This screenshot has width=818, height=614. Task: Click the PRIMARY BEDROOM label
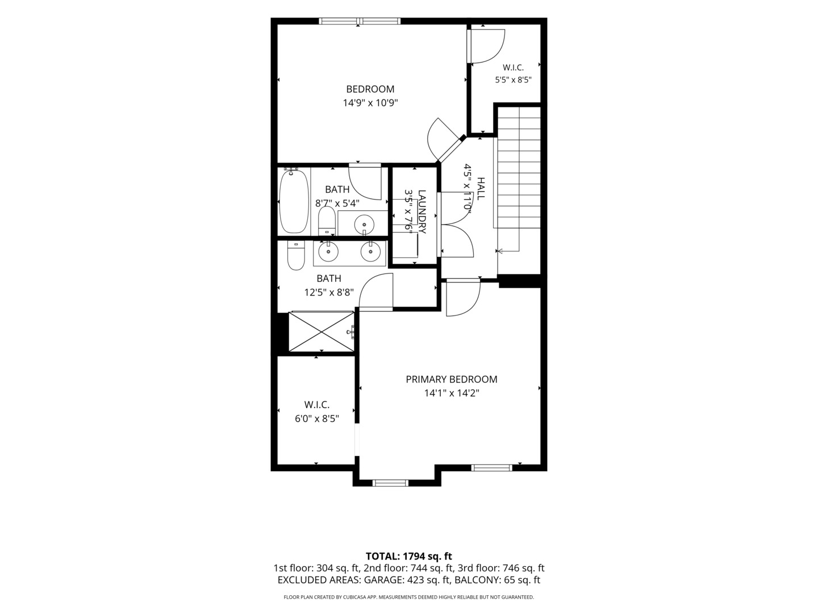pos(451,380)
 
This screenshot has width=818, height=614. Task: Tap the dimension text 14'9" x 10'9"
pos(370,103)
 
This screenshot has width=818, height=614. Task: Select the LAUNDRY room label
pos(422,211)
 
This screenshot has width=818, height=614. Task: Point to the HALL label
pos(481,189)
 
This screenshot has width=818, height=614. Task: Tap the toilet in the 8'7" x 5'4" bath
pos(327,221)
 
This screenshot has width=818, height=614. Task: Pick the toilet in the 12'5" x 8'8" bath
pos(297,255)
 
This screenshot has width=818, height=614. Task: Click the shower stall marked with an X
pos(322,331)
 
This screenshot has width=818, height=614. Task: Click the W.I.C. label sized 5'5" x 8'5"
pos(513,68)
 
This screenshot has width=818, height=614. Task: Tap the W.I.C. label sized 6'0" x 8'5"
pos(317,404)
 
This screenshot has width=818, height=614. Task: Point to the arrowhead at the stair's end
pos(500,251)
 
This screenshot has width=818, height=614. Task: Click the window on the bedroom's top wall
pos(360,21)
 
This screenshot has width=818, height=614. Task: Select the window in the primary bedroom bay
pos(391,483)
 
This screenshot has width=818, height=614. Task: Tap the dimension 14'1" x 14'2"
pos(451,393)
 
